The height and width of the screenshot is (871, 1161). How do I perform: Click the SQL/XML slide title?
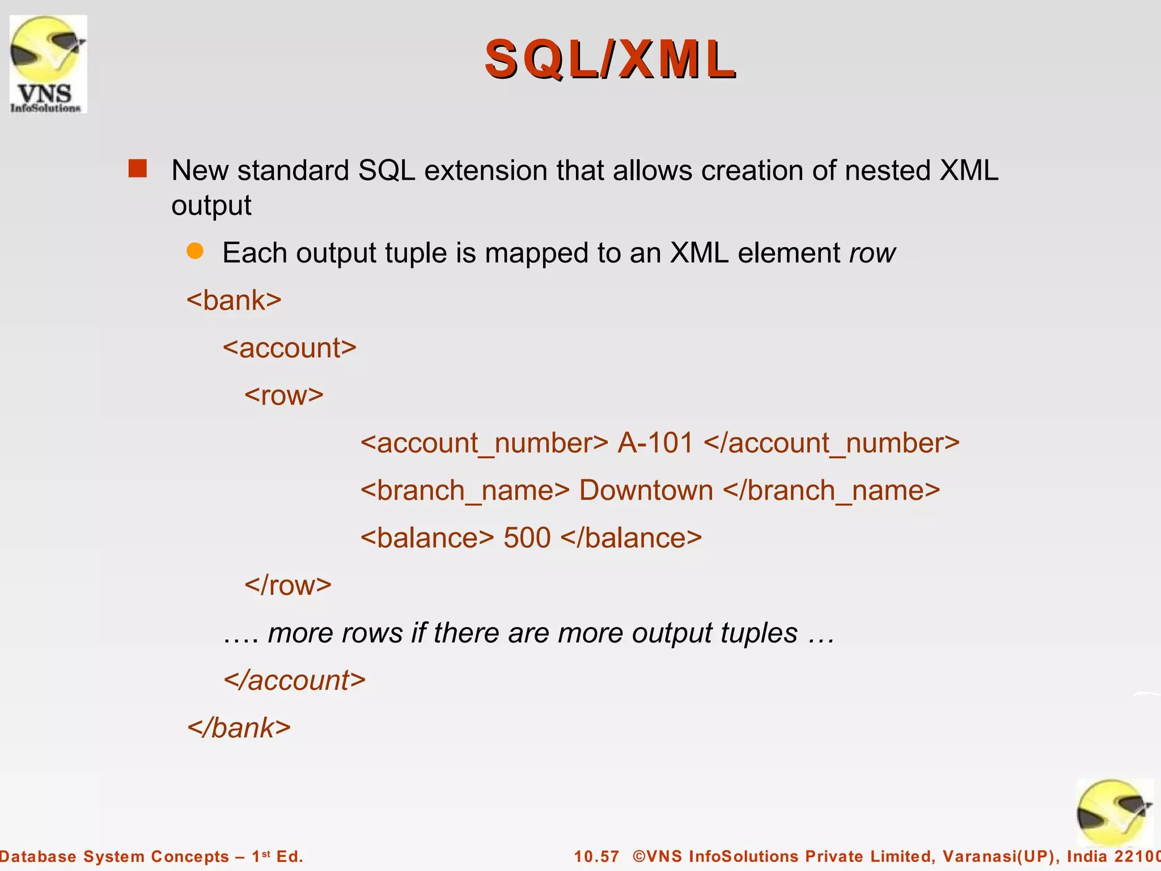coord(611,60)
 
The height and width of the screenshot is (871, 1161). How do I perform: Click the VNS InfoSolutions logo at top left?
coord(48,64)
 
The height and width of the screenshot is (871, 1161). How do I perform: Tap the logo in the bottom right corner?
coord(1114,813)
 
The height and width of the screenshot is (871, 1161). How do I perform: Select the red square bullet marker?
coord(138,169)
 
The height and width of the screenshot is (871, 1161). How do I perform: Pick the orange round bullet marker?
coord(195,251)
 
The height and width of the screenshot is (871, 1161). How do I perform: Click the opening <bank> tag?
coord(234,300)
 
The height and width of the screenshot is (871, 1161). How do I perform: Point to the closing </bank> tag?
coord(239,728)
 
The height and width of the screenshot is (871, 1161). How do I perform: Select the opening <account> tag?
coord(290,348)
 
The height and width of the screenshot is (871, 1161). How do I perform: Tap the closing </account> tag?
coord(295,680)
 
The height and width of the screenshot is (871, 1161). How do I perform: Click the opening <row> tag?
coord(284,395)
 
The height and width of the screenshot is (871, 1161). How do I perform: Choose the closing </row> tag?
coord(288,585)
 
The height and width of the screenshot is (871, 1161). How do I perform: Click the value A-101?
coord(655,443)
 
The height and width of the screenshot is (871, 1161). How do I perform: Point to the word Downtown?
coord(646,491)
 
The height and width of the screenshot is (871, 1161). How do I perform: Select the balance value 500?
coord(527,538)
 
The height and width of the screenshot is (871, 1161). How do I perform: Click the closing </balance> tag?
coord(632,538)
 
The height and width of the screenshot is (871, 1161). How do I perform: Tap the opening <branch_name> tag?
coord(465,491)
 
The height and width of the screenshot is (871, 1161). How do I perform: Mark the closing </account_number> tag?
coord(832,443)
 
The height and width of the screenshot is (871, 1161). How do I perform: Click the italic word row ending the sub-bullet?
coord(872,253)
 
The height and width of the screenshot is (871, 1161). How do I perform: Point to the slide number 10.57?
coord(596,856)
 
